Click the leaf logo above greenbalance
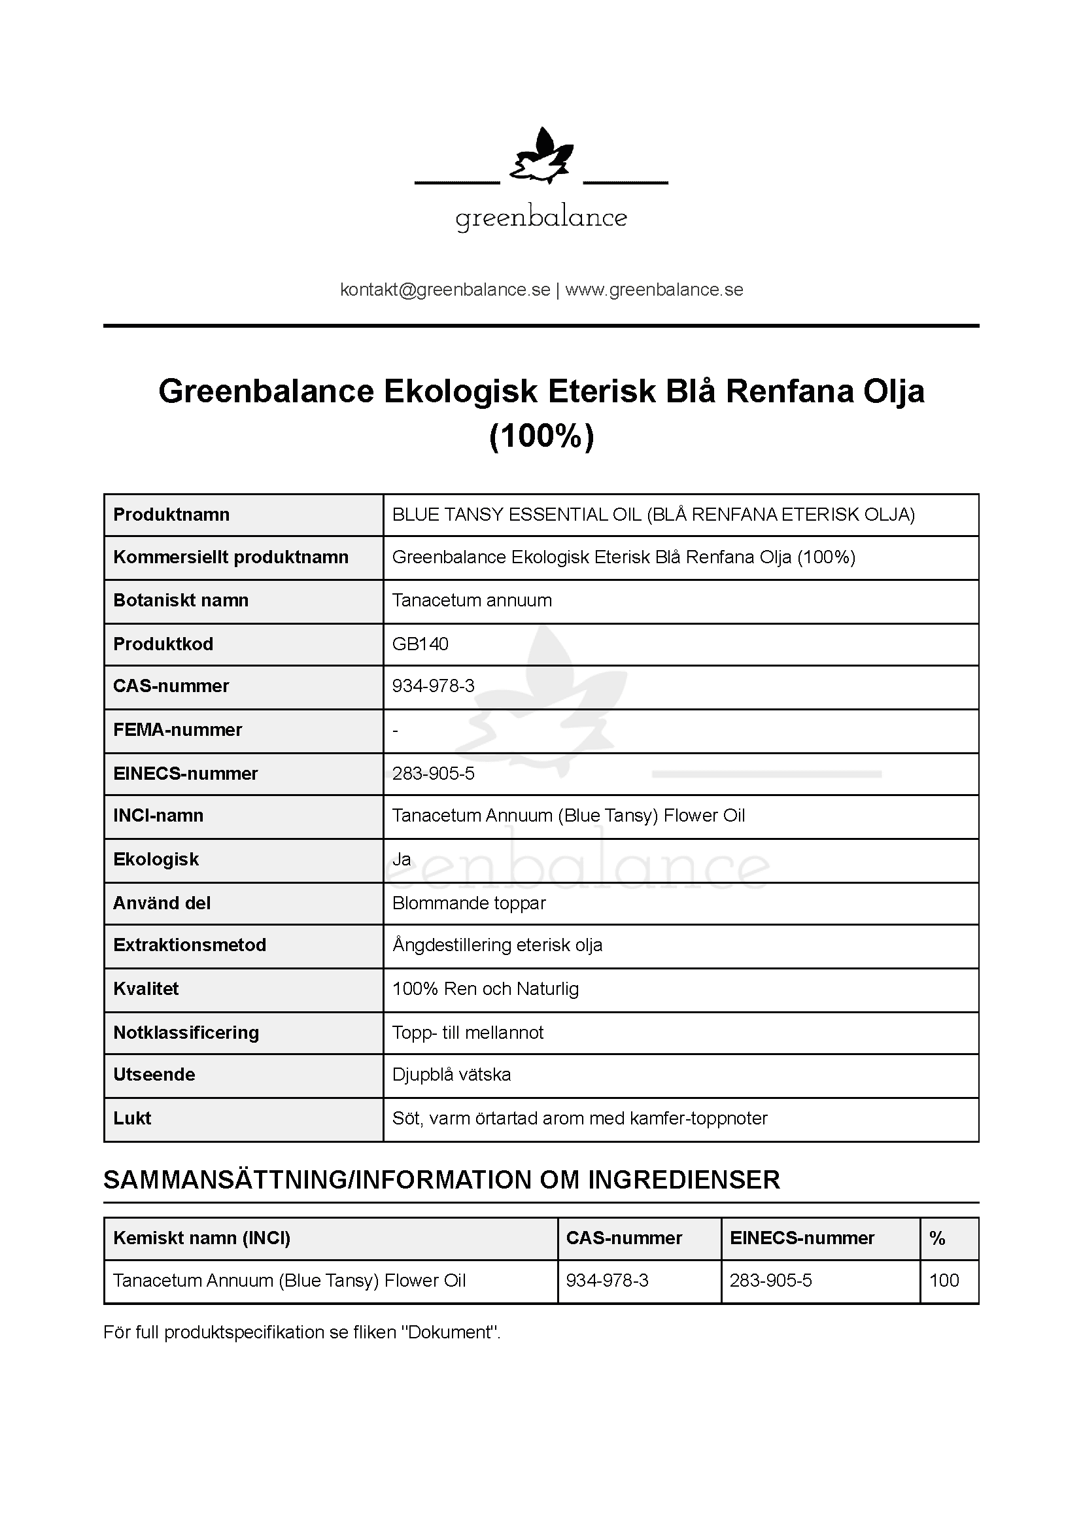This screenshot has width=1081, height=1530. pos(541,157)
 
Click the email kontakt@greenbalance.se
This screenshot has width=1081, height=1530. pos(445,290)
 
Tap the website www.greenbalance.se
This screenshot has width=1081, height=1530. pos(654,290)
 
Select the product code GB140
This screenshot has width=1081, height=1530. pos(420,644)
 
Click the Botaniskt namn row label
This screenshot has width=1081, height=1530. pos(180,600)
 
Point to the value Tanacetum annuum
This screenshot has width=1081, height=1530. pos(472,600)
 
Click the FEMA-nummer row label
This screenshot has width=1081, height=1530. pos(177,730)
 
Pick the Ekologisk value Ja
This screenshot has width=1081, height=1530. pos(402,859)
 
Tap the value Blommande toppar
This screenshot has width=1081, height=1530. pos(469,903)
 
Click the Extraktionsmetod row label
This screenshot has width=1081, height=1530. pos(190,945)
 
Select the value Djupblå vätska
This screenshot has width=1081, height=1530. pos(452,1074)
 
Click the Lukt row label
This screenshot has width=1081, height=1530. pos(132,1118)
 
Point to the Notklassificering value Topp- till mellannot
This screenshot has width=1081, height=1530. pos(468,1032)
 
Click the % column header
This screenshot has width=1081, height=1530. pos(937,1238)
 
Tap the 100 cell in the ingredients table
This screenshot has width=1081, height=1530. pos(944,1280)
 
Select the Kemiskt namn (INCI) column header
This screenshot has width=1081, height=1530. pos(202,1238)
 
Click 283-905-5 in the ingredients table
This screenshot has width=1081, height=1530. pos(770,1280)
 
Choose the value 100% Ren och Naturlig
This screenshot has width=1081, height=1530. pos(485,988)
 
